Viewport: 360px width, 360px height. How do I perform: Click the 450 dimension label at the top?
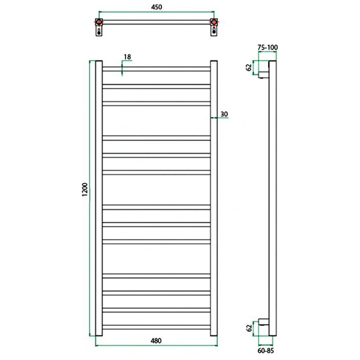tap(157, 7)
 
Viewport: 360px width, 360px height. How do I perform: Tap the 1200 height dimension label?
tap(85, 190)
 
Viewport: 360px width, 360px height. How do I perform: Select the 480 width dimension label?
tap(156, 341)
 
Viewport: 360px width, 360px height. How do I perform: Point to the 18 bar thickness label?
tap(127, 57)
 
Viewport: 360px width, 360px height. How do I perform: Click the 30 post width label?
tap(224, 114)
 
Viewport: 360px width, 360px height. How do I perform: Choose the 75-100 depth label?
tap(268, 47)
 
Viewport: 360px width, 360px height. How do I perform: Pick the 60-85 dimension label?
tap(266, 350)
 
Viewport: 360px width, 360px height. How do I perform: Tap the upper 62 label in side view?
tap(249, 67)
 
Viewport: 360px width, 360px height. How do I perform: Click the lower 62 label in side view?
tap(249, 328)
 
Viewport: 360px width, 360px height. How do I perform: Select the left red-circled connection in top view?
tap(99, 22)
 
